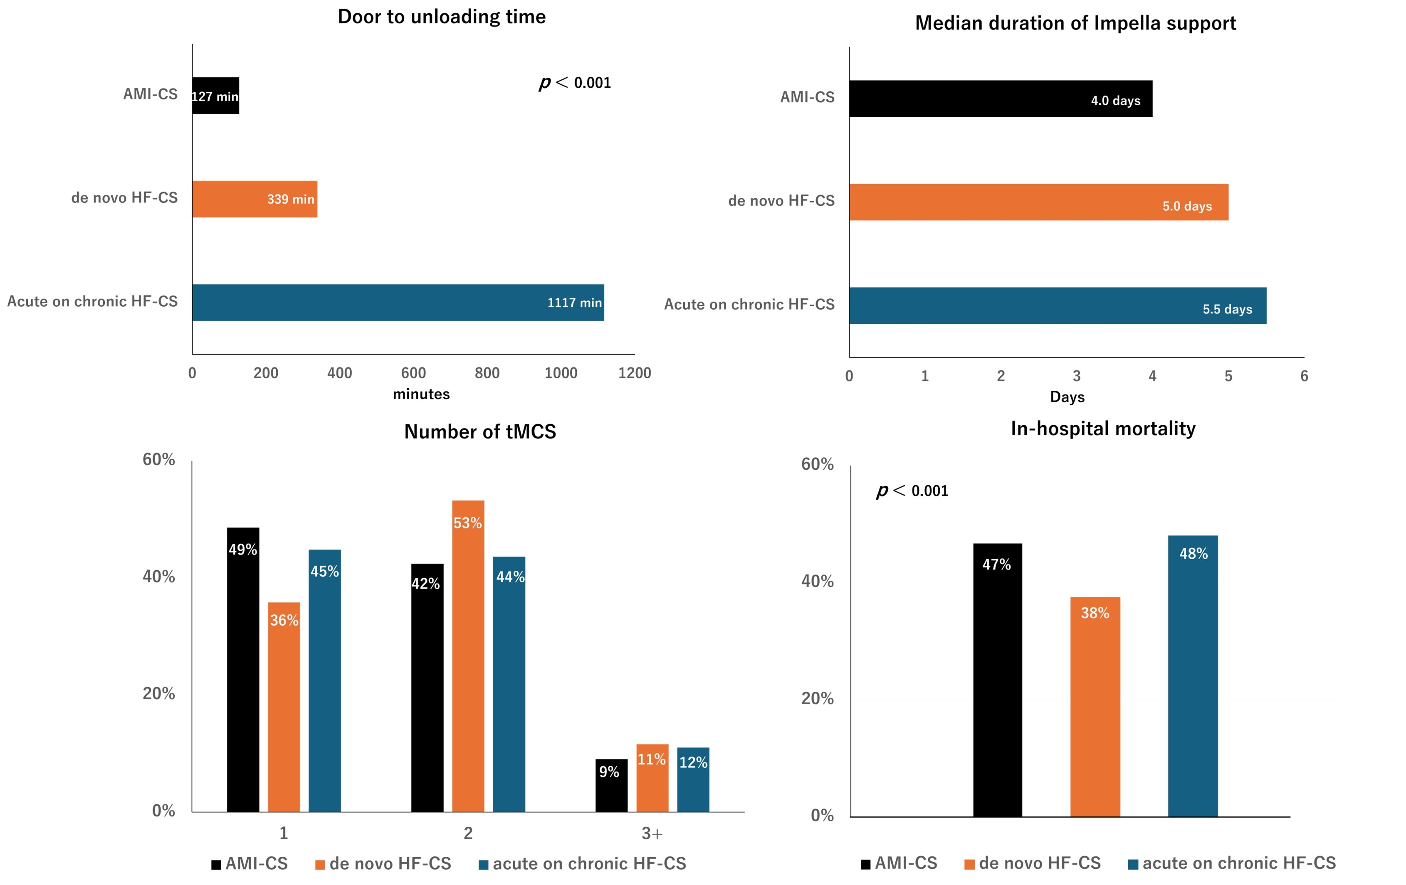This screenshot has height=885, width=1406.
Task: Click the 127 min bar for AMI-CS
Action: click(x=215, y=96)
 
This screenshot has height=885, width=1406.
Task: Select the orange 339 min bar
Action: click(x=255, y=199)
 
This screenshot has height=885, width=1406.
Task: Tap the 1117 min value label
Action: click(x=574, y=302)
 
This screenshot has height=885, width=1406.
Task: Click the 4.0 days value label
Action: click(x=1115, y=101)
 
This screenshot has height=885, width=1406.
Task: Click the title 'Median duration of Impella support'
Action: click(x=1075, y=23)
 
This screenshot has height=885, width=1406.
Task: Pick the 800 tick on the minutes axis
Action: click(x=487, y=373)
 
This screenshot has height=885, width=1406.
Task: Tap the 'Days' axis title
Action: click(x=1067, y=397)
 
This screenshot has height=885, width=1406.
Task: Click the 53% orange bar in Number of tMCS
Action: click(x=468, y=656)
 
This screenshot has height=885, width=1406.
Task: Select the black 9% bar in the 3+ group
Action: click(x=611, y=785)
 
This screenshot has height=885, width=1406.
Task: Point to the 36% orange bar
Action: click(x=284, y=706)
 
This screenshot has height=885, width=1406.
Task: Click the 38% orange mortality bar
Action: click(x=1095, y=706)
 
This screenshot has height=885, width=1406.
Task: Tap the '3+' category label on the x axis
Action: click(x=652, y=833)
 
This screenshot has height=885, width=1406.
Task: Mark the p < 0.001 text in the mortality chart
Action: click(x=912, y=491)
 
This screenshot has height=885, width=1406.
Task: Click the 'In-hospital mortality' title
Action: click(x=1102, y=429)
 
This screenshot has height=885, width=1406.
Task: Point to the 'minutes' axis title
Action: click(x=421, y=394)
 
